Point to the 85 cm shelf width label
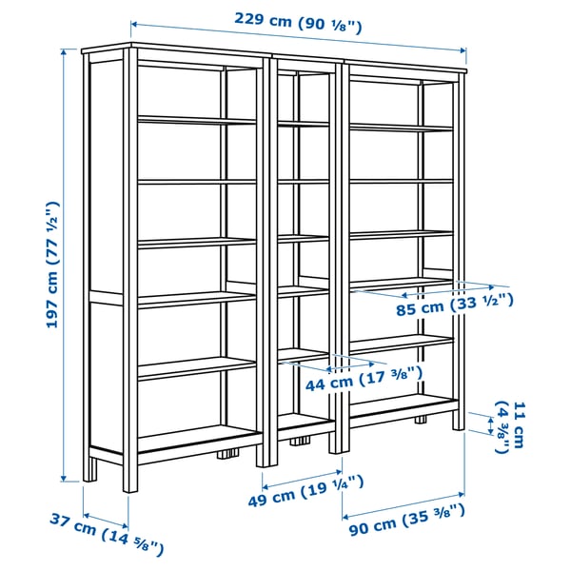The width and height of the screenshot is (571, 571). [455, 305]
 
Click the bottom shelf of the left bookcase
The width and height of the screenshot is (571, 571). [198, 440]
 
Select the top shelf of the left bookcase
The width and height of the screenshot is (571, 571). [196, 120]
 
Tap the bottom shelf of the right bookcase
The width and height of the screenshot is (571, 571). [404, 405]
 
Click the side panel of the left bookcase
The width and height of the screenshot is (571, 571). [105, 257]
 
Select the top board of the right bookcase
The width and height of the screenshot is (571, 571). [405, 61]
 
